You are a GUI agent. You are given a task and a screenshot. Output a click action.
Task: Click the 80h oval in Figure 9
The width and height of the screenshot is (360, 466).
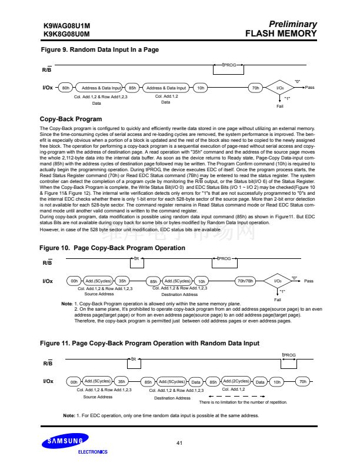point(66,88)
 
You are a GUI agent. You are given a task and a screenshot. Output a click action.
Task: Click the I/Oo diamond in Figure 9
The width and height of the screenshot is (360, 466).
point(280,88)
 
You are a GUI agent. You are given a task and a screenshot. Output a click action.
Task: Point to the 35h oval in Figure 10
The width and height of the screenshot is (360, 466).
point(122,281)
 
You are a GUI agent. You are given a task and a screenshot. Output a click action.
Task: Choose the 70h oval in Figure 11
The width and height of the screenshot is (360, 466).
point(303,382)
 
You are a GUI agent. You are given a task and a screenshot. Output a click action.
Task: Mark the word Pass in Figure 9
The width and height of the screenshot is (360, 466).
point(309,88)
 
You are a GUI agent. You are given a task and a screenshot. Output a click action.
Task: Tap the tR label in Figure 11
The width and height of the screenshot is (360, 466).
point(134,358)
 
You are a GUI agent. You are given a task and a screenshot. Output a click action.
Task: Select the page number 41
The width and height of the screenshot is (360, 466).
point(180,441)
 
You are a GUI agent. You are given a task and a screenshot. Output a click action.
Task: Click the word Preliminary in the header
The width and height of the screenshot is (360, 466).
point(292,25)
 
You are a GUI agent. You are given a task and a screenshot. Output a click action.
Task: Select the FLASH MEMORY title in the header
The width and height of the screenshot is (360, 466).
point(281,34)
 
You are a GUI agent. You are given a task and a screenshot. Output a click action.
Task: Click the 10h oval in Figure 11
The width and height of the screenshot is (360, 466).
point(277,382)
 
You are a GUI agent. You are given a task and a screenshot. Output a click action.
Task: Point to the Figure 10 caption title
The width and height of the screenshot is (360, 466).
point(112,248)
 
